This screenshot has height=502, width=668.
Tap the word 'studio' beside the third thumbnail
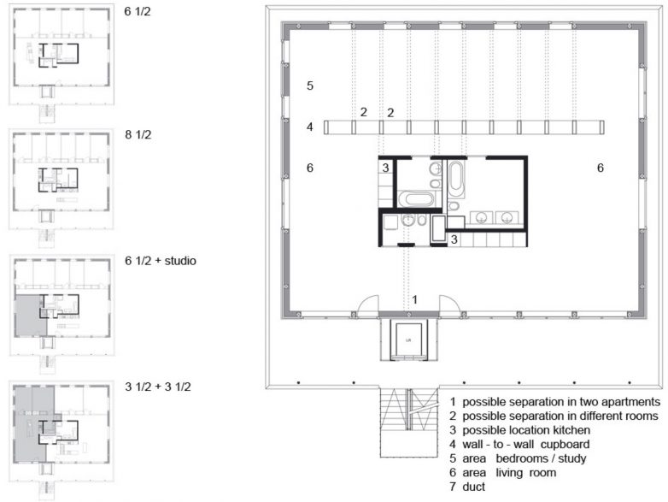(x=180, y=261)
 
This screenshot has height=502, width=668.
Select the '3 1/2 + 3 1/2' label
(x=158, y=387)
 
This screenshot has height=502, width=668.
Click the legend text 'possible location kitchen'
(x=526, y=430)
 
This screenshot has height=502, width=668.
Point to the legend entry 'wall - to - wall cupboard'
(x=525, y=444)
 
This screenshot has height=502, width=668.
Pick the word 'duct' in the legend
(x=473, y=487)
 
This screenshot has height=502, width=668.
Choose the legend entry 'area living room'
(x=509, y=472)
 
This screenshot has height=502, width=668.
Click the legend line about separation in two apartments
(x=561, y=402)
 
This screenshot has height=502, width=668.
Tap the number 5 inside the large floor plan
(x=310, y=86)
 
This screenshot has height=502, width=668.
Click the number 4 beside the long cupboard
(x=310, y=127)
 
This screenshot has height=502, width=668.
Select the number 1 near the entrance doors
(x=415, y=300)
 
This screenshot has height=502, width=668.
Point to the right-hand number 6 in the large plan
(x=601, y=168)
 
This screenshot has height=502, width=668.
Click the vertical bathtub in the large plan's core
(x=455, y=175)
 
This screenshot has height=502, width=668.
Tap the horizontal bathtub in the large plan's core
(x=416, y=199)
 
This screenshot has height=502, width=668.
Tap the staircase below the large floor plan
(x=408, y=422)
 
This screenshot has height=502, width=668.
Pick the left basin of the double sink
(x=482, y=217)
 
